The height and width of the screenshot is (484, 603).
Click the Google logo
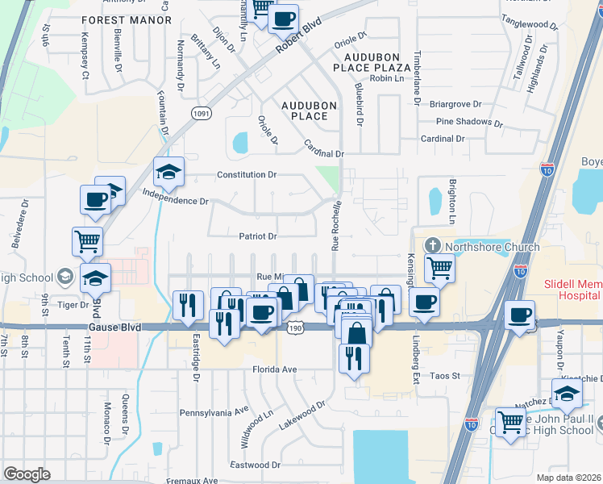point(27,474)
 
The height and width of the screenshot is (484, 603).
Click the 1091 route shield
point(202,115)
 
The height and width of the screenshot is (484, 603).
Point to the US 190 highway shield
point(295,328)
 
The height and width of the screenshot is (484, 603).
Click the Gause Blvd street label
point(114,328)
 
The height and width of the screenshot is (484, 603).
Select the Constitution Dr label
point(247,174)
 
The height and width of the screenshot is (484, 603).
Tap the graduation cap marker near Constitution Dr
point(169,171)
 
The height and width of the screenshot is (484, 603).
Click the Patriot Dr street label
point(257,236)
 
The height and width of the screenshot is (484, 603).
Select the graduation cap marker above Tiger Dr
point(96,277)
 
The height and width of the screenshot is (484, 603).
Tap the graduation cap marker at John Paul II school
point(567,393)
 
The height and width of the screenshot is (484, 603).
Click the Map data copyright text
point(569,478)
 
